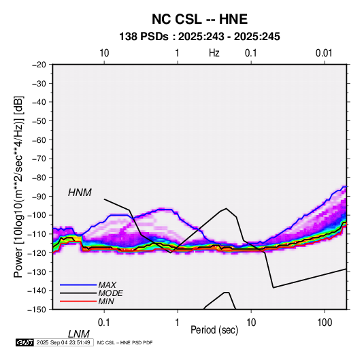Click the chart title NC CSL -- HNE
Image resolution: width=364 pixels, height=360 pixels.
(x=199, y=19)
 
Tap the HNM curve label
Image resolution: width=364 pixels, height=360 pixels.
(x=80, y=193)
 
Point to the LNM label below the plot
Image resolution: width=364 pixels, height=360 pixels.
(x=79, y=334)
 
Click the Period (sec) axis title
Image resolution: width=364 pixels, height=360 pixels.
(x=214, y=330)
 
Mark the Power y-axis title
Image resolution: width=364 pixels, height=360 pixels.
(x=18, y=186)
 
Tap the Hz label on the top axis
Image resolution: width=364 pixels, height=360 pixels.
(x=214, y=53)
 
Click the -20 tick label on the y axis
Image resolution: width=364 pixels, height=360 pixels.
(x=39, y=65)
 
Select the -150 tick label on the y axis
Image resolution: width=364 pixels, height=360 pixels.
(x=37, y=310)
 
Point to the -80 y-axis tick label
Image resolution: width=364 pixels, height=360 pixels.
(x=39, y=178)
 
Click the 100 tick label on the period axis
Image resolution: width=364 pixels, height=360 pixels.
(x=325, y=323)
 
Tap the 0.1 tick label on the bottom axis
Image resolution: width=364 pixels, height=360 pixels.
(x=104, y=323)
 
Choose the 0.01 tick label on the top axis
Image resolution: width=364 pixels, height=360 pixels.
(x=324, y=53)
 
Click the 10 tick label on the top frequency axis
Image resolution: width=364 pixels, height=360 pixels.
(x=104, y=53)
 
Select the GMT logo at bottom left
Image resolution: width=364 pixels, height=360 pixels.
(x=25, y=342)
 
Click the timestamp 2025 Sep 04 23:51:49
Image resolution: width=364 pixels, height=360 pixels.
(x=63, y=342)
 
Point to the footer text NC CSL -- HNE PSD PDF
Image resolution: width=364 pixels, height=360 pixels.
(x=125, y=342)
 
